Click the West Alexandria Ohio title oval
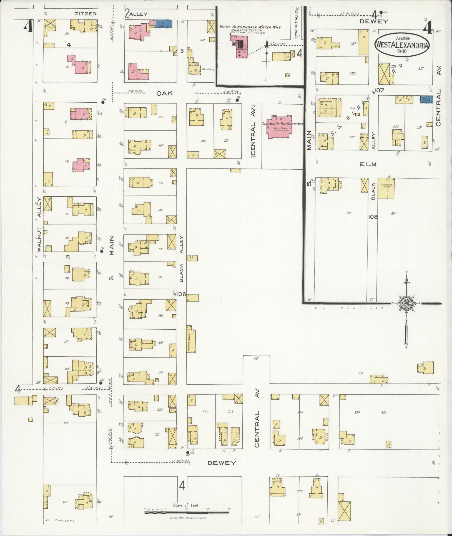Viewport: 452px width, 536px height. [402, 45]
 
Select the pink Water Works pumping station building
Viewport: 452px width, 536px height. [239, 48]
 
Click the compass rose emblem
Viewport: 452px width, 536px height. [406, 303]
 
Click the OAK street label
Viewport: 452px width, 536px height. [164, 93]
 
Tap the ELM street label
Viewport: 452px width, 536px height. [368, 164]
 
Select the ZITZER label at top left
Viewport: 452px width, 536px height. [86, 14]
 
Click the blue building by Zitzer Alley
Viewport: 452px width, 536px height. [164, 24]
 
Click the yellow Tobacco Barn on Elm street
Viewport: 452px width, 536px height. [386, 188]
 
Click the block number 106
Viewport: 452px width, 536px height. [180, 294]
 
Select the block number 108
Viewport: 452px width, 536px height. [373, 216]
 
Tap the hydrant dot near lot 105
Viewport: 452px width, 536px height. [187, 452]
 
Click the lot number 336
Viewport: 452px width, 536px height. [349, 213]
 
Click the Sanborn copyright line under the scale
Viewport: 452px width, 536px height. [188, 518]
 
